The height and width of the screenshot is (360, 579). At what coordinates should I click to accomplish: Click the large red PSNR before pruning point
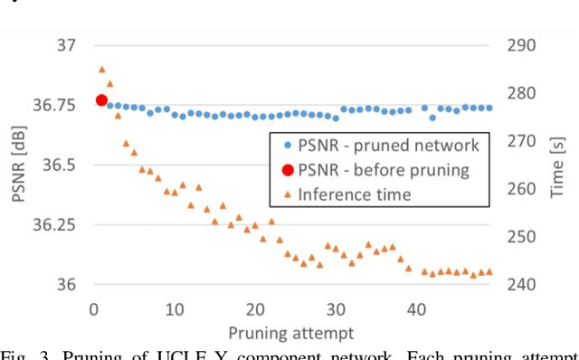[x=101, y=100]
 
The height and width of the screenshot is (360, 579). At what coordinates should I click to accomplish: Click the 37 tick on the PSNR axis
[x=66, y=45]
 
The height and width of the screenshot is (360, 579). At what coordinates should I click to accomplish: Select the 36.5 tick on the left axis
[x=59, y=165]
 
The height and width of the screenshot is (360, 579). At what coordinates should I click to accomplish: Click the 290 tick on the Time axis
[x=524, y=45]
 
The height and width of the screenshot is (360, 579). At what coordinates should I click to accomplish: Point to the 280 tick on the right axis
[x=524, y=93]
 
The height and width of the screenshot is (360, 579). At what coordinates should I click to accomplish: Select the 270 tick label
[x=524, y=141]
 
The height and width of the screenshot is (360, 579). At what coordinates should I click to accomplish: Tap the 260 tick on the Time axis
[x=524, y=189]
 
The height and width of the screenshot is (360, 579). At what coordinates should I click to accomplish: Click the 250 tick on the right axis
[x=524, y=237]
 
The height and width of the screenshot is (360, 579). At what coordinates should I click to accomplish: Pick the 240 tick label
[x=524, y=284]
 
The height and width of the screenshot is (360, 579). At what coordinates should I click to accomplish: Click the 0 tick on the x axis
[x=93, y=308]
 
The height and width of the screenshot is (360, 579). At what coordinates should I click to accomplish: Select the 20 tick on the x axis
[x=254, y=308]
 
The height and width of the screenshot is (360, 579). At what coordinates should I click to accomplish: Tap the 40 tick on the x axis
[x=416, y=308]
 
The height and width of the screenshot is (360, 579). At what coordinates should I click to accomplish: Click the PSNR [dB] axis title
[x=19, y=165]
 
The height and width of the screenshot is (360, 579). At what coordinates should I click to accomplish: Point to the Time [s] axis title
[x=560, y=165]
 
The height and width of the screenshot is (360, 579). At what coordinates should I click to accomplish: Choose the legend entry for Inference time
[x=354, y=194]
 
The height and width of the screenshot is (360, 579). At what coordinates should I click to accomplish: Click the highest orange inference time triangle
[x=101, y=69]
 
